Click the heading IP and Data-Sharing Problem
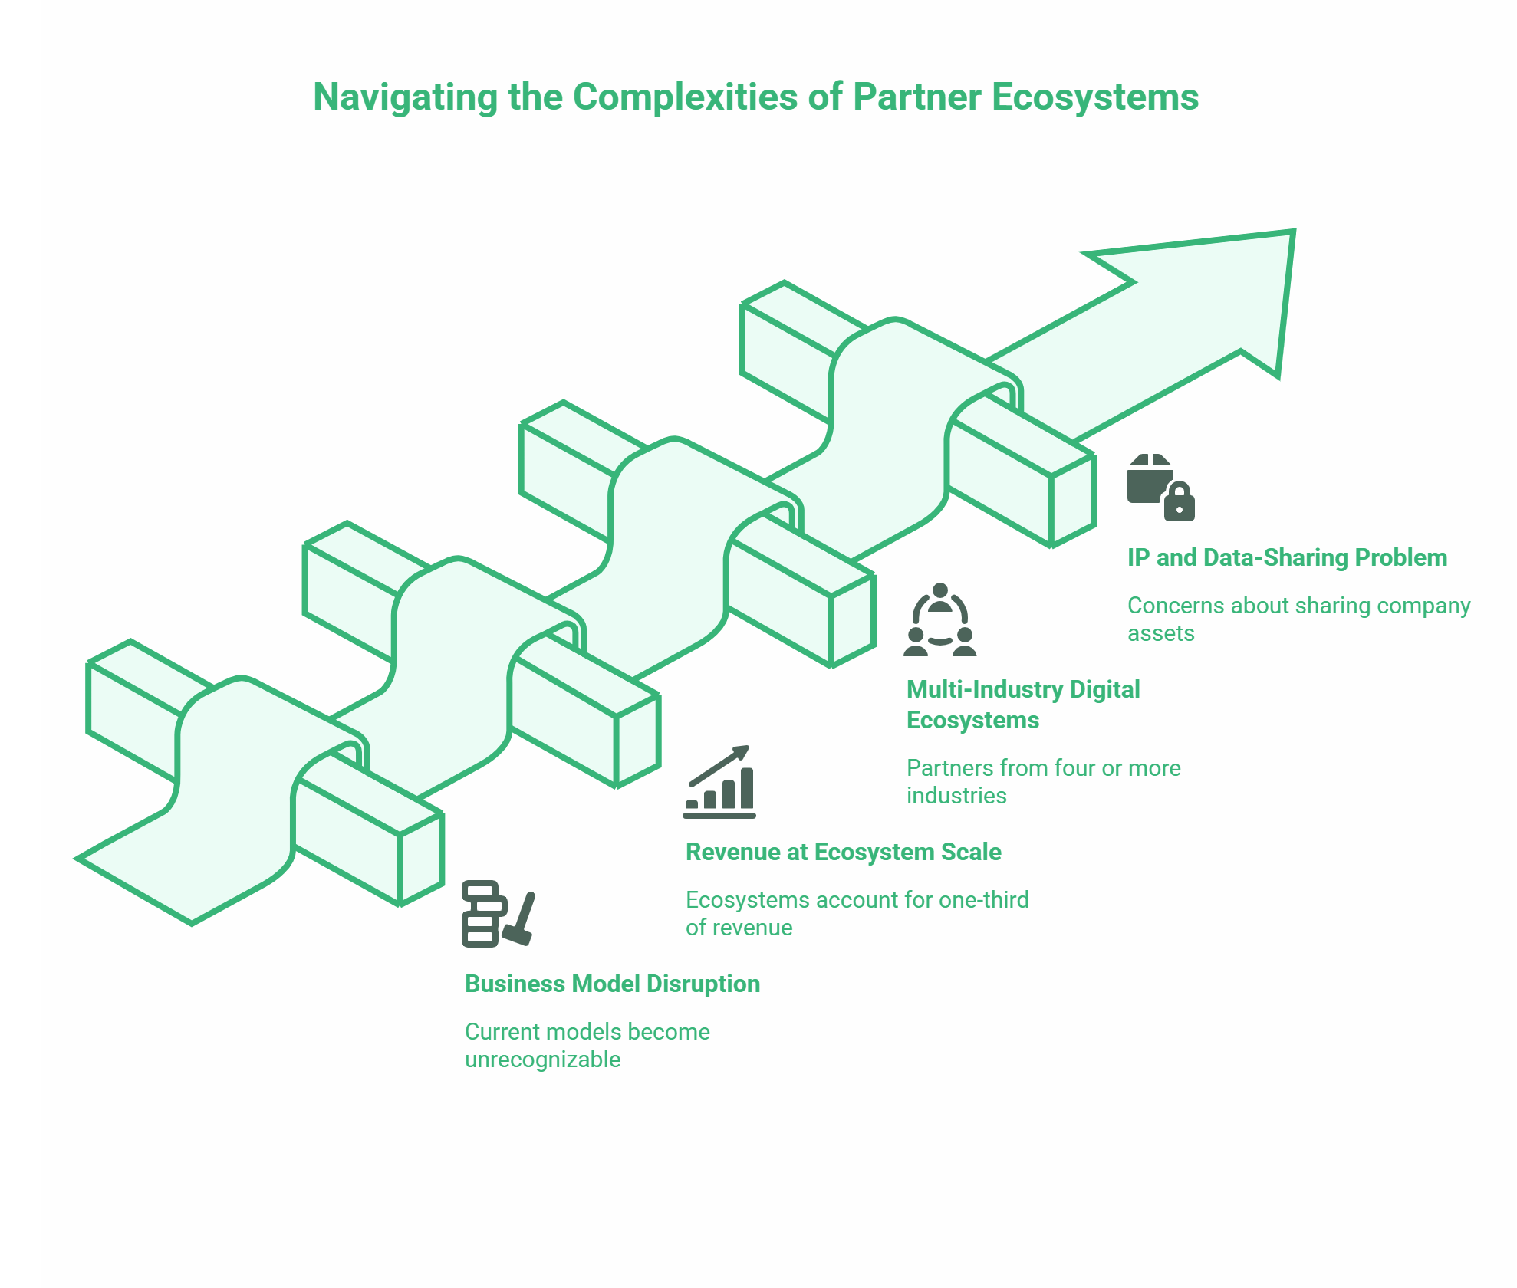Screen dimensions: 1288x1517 (x=1286, y=557)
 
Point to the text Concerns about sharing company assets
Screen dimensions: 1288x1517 (x=1298, y=619)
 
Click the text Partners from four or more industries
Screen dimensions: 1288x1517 (x=1043, y=781)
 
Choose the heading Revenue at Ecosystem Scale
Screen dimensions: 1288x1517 (x=843, y=852)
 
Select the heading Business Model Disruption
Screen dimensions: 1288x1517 (x=612, y=984)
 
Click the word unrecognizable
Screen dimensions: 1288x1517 (x=542, y=1060)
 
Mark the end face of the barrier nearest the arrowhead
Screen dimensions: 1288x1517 (x=1073, y=501)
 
